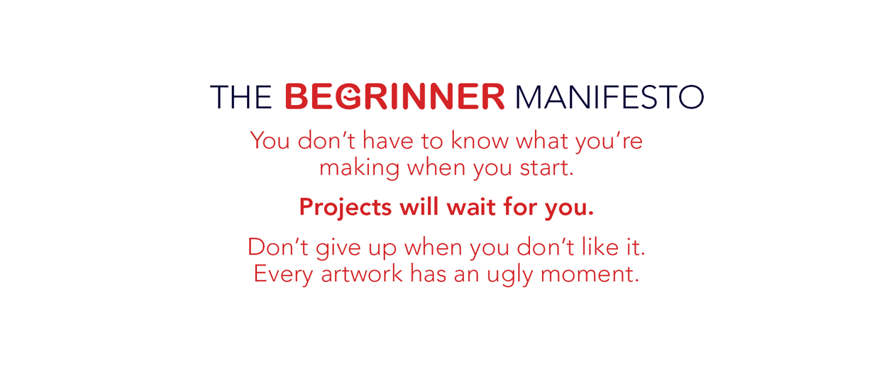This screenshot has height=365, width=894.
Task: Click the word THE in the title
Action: tap(241, 97)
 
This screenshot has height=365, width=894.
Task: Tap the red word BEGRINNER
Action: tap(394, 96)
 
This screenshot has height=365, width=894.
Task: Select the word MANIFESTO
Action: tap(609, 97)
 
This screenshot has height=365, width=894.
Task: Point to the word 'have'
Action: tap(387, 141)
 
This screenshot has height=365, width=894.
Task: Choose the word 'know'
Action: tap(480, 141)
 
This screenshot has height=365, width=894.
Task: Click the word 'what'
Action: tap(542, 141)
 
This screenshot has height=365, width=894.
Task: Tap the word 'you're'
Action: tap(609, 143)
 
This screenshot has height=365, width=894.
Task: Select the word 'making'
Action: tap(359, 169)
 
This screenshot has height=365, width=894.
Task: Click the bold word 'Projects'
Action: tap(346, 208)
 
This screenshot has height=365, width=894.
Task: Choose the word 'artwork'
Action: tap(362, 274)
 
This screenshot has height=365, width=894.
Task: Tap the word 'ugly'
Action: tap(509, 276)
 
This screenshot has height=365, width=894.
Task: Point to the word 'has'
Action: tap(429, 274)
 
